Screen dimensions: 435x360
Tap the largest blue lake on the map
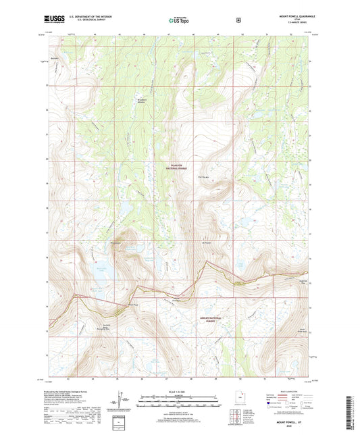click(x=99, y=274)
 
